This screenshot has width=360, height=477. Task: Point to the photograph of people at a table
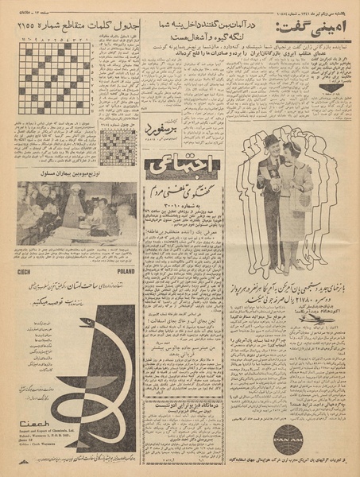pyautogui.click(x=75, y=212)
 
